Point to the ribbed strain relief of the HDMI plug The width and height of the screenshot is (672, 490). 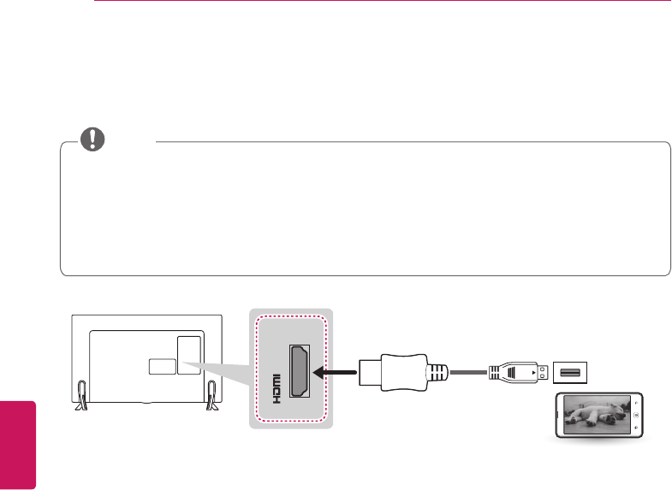pos(437,373)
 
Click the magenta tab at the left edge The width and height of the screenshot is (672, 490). pos(18,444)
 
